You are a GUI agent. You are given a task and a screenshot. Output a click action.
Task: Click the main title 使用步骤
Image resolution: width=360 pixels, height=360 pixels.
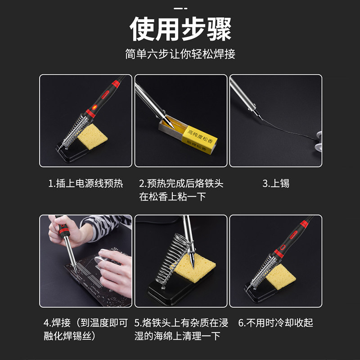click(180, 29)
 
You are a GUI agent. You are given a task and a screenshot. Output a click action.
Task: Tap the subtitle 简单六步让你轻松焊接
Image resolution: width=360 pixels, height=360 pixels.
click(180, 54)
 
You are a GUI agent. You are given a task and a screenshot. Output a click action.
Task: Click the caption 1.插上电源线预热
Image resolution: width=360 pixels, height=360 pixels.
click(85, 184)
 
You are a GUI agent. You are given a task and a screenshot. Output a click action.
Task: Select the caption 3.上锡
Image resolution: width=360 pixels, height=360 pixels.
click(276, 184)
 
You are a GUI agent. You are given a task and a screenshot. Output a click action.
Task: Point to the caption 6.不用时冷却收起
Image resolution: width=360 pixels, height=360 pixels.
click(276, 323)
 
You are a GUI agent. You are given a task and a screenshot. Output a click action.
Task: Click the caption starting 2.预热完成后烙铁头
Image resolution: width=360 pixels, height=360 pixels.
click(181, 190)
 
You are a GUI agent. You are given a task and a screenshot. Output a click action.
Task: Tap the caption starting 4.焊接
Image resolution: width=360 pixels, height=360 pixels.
click(85, 329)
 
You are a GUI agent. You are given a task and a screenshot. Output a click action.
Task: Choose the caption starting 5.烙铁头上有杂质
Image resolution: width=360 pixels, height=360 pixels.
click(181, 329)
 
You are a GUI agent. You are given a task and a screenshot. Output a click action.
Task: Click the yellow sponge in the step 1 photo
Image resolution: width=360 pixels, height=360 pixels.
click(92, 136)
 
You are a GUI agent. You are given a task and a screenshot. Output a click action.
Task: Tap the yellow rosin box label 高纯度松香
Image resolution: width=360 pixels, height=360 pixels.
click(199, 139)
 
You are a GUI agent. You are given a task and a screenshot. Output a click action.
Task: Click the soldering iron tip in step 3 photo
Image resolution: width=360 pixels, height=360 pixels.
click(258, 114)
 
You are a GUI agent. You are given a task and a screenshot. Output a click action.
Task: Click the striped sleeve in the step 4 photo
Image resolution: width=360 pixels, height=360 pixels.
click(104, 226)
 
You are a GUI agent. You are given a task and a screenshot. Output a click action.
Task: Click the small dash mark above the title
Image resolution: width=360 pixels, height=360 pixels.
click(180, 9)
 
